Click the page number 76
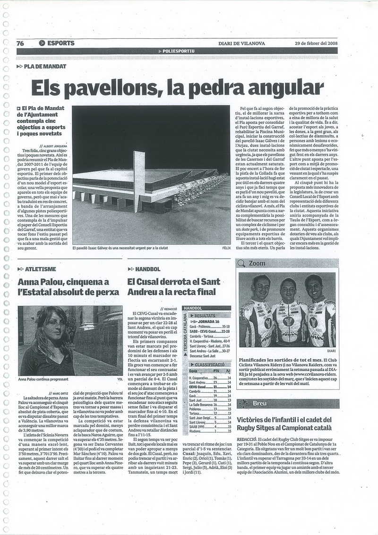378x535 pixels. click(20, 43)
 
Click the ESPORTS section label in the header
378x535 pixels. click(60, 43)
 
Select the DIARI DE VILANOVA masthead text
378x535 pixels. click(241, 43)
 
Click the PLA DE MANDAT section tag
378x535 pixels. click(45, 67)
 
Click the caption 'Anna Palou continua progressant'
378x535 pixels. click(43, 379)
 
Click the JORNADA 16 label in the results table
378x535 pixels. click(211, 320)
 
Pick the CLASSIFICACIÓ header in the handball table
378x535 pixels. click(209, 364)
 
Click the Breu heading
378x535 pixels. click(260, 403)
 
